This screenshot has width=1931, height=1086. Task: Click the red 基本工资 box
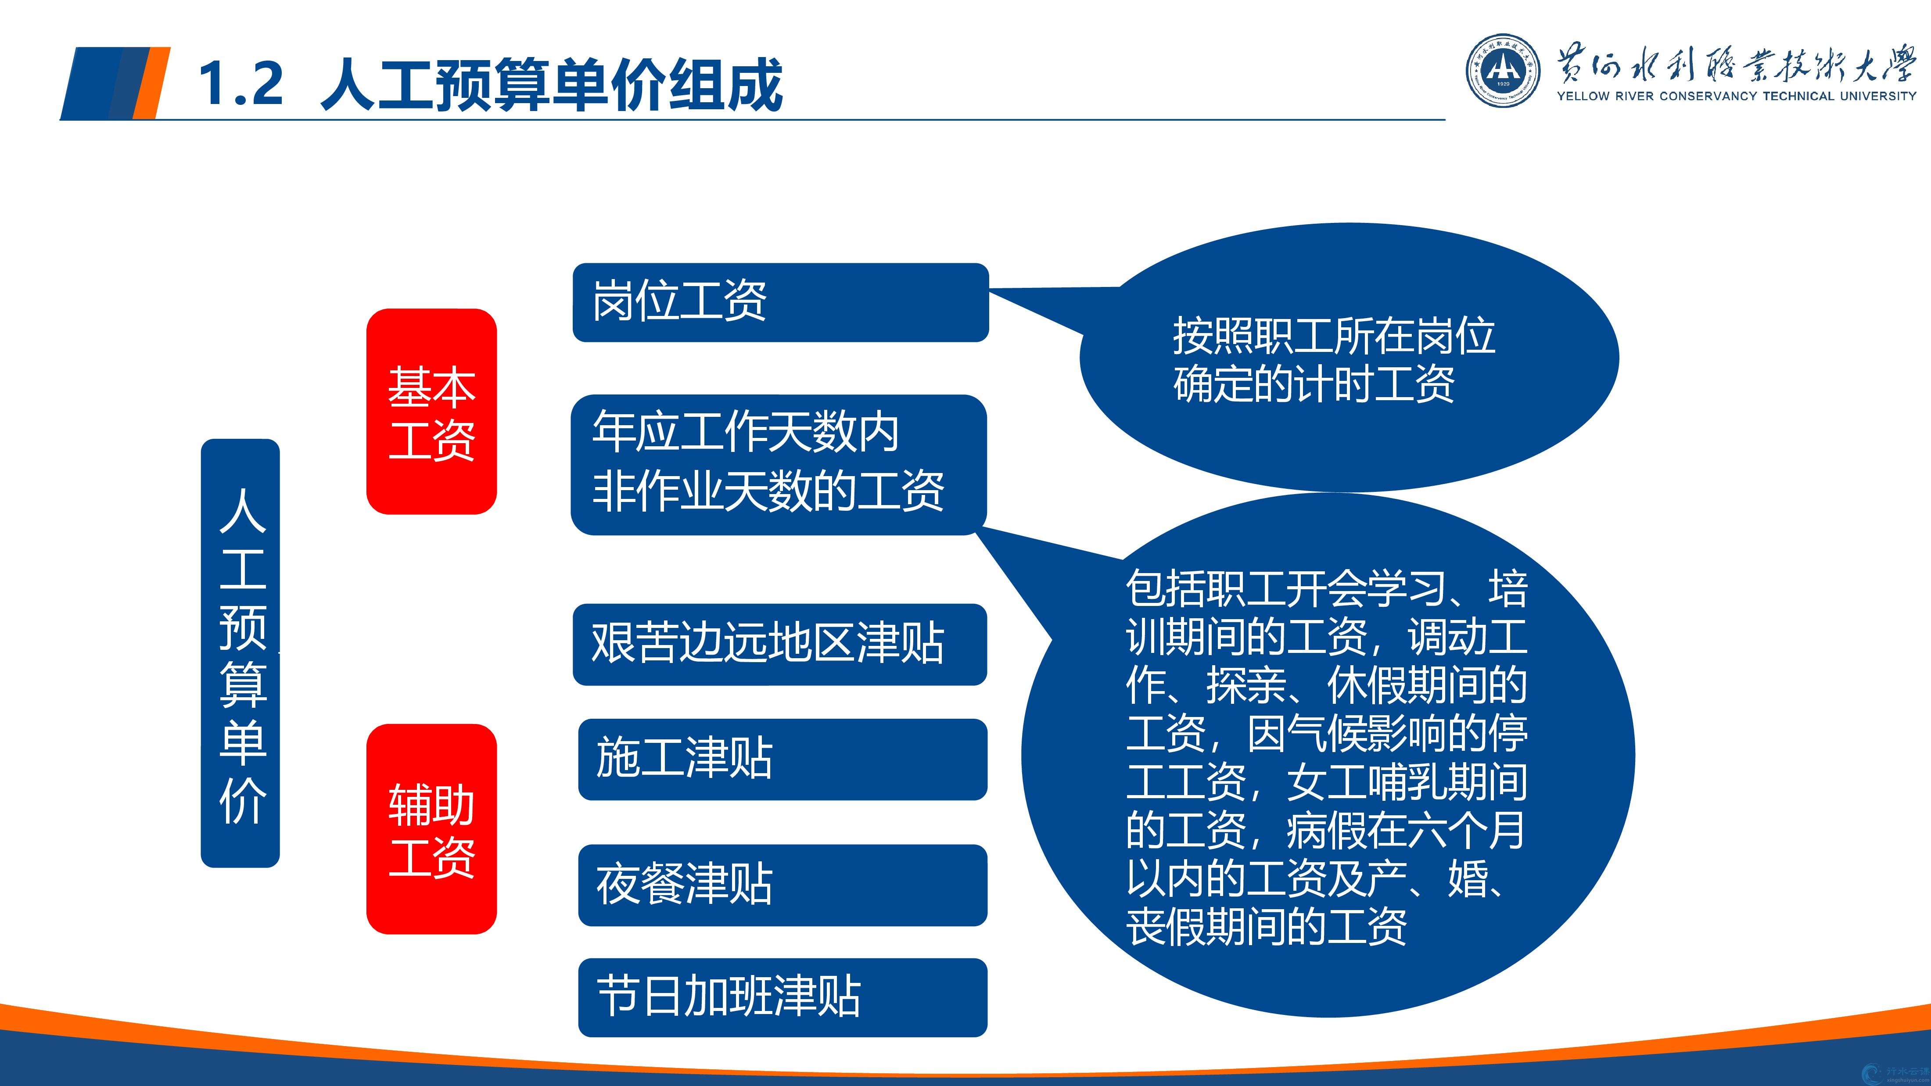click(431, 412)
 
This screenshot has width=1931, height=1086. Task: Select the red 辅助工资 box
click(431, 829)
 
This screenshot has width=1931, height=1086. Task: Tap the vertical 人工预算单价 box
click(240, 653)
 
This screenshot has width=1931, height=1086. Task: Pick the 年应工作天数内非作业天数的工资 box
click(778, 465)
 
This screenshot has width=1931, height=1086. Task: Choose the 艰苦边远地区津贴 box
click(779, 645)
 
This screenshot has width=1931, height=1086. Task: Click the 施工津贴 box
click(782, 759)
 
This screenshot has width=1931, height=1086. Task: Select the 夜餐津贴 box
click(782, 885)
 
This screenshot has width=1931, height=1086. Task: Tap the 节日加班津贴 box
click(782, 997)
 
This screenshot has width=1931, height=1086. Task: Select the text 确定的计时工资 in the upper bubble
click(1314, 384)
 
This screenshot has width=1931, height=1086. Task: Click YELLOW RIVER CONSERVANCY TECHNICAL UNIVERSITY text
click(1736, 96)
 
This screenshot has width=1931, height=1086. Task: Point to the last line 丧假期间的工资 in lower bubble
click(1266, 926)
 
